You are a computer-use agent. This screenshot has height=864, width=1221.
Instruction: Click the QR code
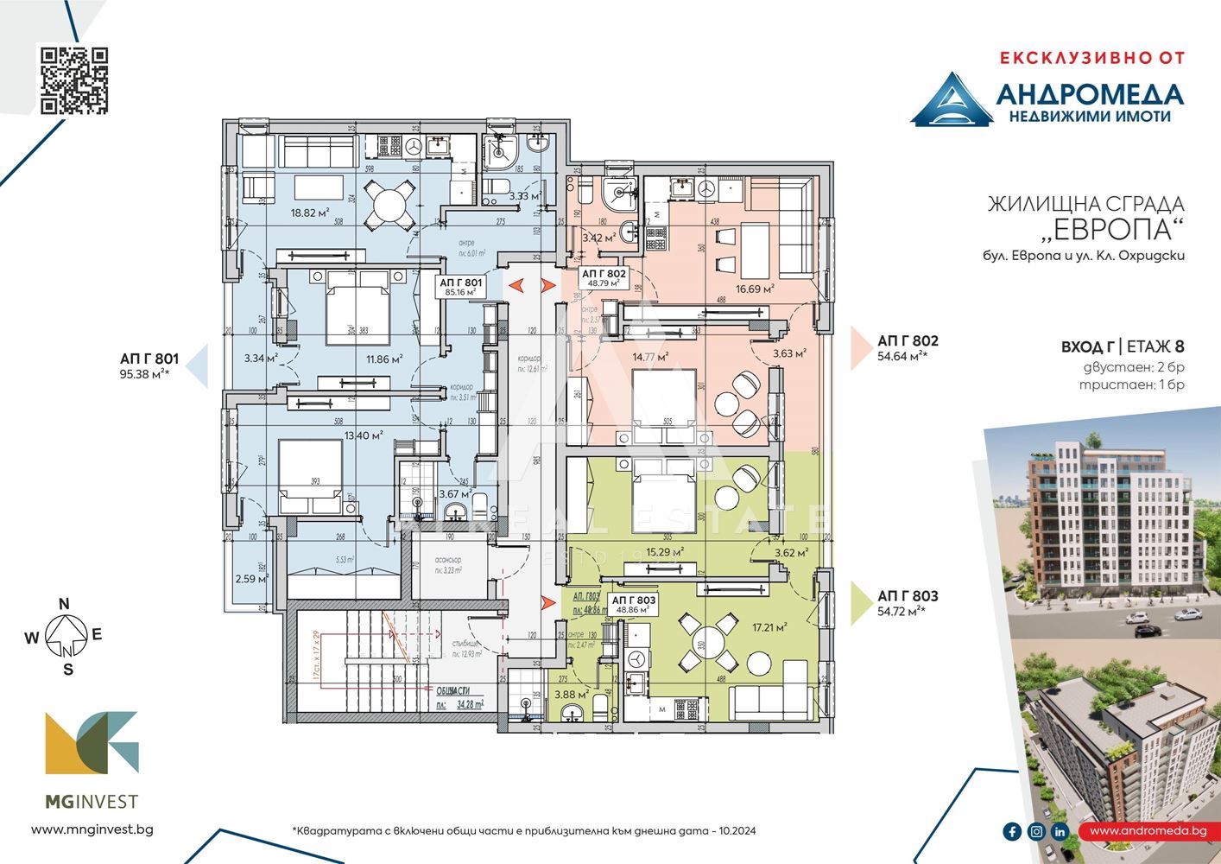pos(75,81)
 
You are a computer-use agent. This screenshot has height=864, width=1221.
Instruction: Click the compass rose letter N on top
pos(63,604)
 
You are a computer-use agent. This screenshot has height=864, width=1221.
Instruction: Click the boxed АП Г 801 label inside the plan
pos(460,287)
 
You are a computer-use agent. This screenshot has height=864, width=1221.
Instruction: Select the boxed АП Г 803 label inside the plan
pos(634,603)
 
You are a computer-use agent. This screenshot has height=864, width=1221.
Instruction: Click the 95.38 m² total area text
pos(144,374)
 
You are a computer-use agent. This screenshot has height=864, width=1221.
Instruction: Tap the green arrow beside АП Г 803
pos(860,602)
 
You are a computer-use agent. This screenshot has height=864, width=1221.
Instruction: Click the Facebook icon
pos(1012,831)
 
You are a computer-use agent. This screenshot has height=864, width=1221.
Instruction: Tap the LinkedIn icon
pos(1060,831)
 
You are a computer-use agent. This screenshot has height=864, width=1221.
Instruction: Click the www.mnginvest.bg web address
pos(92,829)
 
